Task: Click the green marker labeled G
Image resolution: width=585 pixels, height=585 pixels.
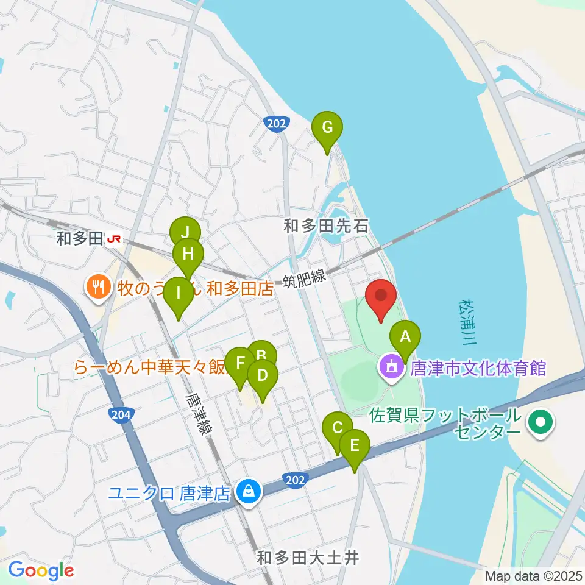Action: point(327,128)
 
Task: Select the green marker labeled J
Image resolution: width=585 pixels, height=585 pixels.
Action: point(184,232)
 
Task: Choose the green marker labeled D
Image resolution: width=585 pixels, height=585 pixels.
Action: point(263,375)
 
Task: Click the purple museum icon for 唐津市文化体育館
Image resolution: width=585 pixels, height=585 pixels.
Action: point(389,367)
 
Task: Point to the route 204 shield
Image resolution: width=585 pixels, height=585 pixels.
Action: point(121,416)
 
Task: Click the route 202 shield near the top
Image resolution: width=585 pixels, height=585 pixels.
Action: point(276,124)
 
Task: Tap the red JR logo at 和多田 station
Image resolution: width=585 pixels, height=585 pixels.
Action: point(113,239)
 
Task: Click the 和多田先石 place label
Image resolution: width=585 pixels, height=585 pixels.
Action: point(326,227)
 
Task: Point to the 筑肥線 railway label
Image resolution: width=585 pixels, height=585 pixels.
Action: point(305,280)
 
